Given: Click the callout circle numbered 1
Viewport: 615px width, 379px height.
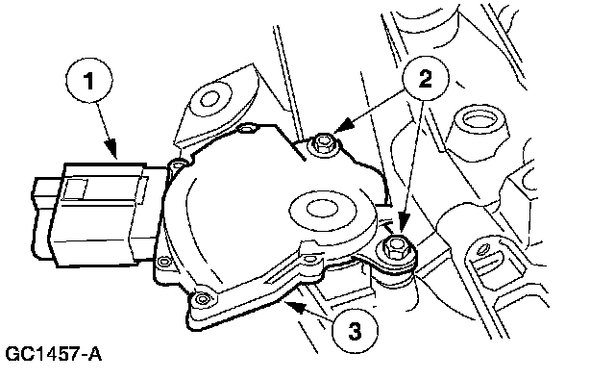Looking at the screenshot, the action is click(x=89, y=81).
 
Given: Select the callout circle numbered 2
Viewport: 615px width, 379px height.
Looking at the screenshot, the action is click(x=425, y=78).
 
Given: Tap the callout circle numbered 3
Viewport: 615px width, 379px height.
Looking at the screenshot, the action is click(x=355, y=331).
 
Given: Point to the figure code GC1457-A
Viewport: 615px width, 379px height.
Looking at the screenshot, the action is click(x=54, y=354).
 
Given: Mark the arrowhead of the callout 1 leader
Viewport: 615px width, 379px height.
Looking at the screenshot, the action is click(x=112, y=150).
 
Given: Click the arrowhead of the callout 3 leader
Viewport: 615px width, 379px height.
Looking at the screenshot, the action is click(x=295, y=306).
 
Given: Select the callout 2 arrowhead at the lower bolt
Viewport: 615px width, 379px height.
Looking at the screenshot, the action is click(x=404, y=225).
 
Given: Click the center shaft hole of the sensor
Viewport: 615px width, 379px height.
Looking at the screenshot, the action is click(x=322, y=209).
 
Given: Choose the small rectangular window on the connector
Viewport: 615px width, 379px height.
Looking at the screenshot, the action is click(x=76, y=189).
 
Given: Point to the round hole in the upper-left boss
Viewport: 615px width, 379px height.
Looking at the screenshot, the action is click(x=209, y=98).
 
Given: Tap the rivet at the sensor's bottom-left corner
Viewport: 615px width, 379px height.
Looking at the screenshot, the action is click(x=202, y=299).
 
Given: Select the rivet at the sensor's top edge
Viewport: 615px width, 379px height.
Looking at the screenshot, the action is click(x=247, y=129).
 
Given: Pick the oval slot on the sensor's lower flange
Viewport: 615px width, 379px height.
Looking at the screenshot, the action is click(x=310, y=259).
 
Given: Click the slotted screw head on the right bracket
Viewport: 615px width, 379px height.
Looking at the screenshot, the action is click(x=484, y=248).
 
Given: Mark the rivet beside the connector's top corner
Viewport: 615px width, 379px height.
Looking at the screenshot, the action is click(x=178, y=165).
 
